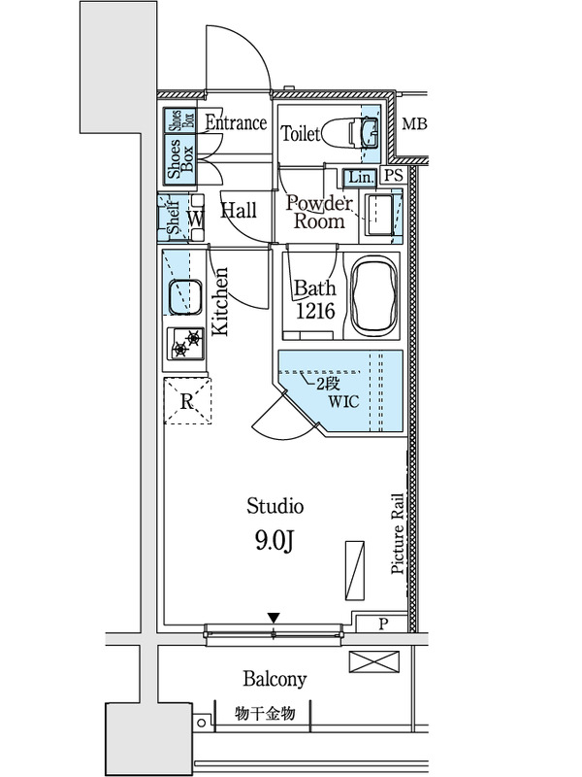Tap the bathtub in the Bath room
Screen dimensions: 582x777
[x=373, y=296]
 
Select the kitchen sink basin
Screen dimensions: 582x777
[x=185, y=297]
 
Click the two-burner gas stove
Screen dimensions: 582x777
[x=187, y=344]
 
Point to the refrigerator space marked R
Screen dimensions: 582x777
[x=187, y=400]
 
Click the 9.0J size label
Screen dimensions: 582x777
[x=275, y=541]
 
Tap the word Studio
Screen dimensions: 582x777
[x=275, y=506]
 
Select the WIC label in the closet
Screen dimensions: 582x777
[x=343, y=401]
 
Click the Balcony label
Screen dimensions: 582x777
[x=275, y=678]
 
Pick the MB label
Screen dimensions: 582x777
[x=414, y=123]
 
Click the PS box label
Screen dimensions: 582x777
[x=395, y=176]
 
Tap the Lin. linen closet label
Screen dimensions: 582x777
[x=360, y=177]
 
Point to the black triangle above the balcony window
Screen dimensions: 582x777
[x=274, y=618]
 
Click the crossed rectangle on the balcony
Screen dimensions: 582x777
[x=373, y=662]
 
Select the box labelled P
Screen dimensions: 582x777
[x=382, y=623]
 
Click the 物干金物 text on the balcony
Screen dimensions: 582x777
[x=265, y=714]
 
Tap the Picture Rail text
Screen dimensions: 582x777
[x=398, y=533]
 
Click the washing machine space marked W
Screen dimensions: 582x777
[x=195, y=219]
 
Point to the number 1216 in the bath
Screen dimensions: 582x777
[x=315, y=311]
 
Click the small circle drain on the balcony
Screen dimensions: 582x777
[x=201, y=723]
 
